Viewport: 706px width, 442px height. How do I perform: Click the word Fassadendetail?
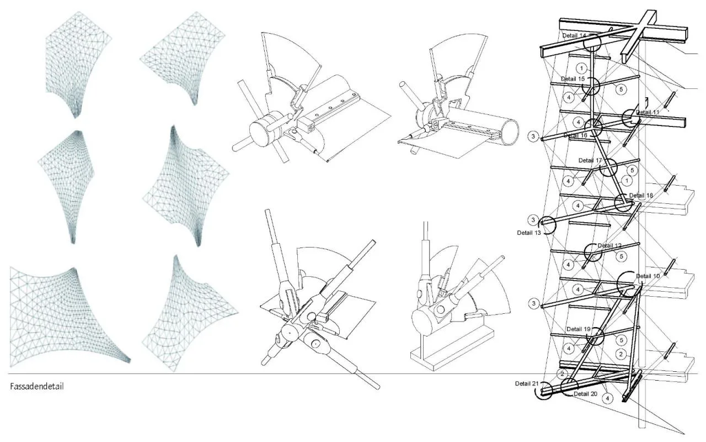[x=37, y=386]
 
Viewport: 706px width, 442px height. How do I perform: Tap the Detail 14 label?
[x=574, y=36]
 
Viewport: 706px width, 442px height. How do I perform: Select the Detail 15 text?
[x=573, y=79]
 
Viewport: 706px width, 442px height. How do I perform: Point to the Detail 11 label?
[x=648, y=112]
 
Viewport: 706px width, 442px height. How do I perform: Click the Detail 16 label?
[x=575, y=135]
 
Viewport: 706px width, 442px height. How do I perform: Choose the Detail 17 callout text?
[x=590, y=160]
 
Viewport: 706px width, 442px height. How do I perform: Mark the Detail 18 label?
[x=641, y=196]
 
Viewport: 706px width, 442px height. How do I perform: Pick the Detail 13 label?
[x=529, y=233]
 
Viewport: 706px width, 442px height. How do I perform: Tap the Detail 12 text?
[x=609, y=246]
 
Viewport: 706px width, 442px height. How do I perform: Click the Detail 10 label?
[x=648, y=276]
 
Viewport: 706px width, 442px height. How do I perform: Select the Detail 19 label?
[x=579, y=329]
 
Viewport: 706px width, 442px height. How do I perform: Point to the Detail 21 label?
[x=527, y=383]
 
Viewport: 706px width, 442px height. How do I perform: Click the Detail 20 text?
[x=585, y=394]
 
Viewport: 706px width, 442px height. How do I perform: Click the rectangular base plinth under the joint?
[x=453, y=350]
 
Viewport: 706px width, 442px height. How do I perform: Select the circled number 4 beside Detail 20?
[x=607, y=398]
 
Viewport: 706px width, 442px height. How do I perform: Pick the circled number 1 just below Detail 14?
[x=581, y=68]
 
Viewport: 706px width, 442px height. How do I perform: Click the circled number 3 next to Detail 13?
[x=533, y=220]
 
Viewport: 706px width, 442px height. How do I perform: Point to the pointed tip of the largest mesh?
[x=129, y=361]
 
